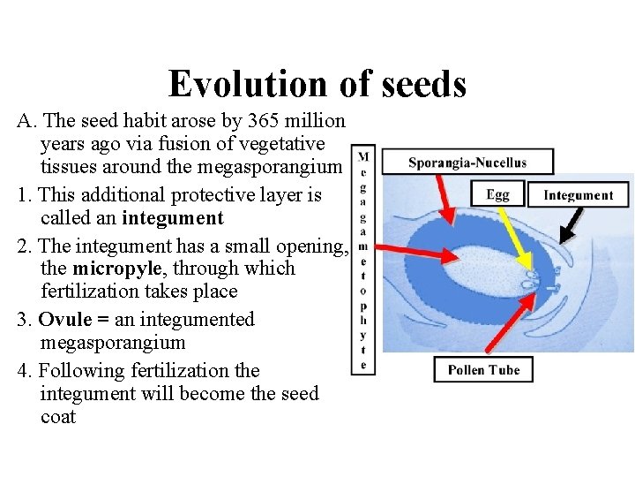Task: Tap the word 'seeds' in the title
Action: click(x=422, y=84)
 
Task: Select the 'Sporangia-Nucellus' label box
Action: click(x=467, y=162)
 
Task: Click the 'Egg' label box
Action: click(x=498, y=194)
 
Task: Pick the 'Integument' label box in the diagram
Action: click(x=578, y=195)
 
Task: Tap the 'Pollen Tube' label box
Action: click(x=483, y=369)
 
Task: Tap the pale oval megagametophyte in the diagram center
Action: click(x=467, y=265)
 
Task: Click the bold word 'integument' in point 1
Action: click(x=172, y=218)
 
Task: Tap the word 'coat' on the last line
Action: click(x=58, y=417)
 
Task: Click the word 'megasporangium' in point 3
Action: click(x=113, y=343)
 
